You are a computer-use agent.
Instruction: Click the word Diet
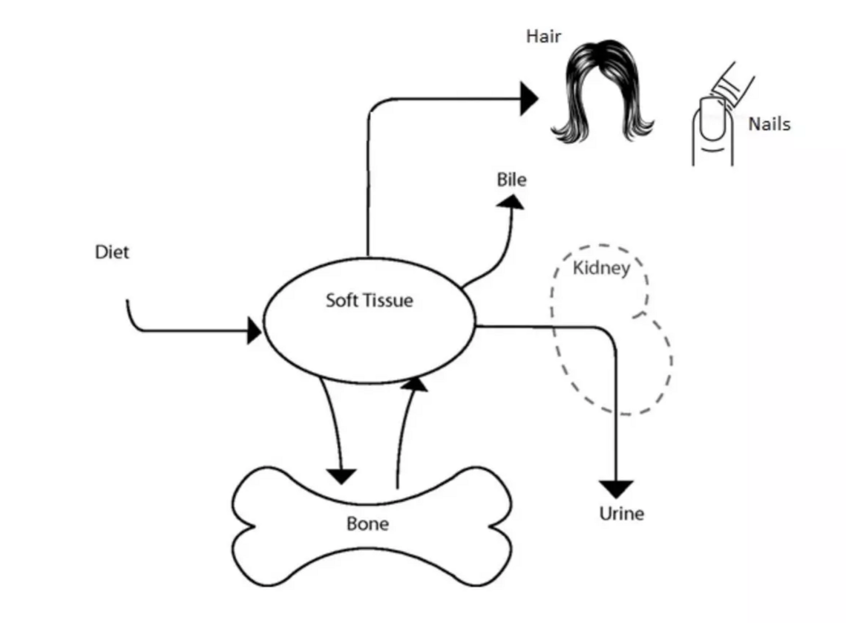[111, 252]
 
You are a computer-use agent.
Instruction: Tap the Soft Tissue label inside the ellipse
[369, 301]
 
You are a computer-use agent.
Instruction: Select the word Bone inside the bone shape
[367, 524]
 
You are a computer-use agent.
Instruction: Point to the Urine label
[621, 514]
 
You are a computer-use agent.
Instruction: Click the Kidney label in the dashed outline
[600, 268]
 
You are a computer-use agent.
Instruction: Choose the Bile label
[511, 180]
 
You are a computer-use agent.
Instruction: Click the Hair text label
[543, 36]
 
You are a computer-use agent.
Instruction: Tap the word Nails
[768, 124]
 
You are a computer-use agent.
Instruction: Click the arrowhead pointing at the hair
[529, 99]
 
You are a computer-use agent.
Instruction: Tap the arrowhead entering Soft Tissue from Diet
[254, 331]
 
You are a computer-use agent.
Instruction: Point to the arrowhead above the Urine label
[617, 489]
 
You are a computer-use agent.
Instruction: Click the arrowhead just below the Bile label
[511, 201]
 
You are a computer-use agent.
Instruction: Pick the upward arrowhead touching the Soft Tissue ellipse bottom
[416, 383]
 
